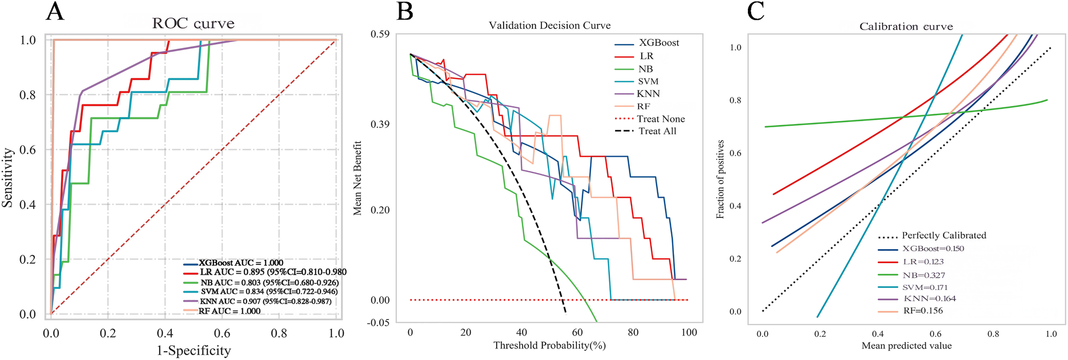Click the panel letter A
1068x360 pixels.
click(x=55, y=12)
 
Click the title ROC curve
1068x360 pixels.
click(x=193, y=24)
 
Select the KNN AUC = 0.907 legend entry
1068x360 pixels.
click(x=265, y=302)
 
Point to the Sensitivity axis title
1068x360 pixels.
click(x=8, y=178)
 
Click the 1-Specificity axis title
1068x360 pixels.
click(x=194, y=351)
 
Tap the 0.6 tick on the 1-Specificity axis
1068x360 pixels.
click(x=222, y=333)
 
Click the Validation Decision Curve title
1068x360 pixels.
click(x=550, y=26)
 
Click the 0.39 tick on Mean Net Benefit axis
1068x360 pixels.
click(x=380, y=125)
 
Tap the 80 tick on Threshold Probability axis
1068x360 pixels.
click(x=633, y=332)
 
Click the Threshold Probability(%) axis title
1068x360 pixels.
click(x=550, y=345)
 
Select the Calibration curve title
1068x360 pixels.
click(x=906, y=27)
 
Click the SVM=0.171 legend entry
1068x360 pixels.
click(x=925, y=287)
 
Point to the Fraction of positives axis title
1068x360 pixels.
click(x=720, y=179)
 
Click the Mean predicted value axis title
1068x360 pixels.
click(x=906, y=346)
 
